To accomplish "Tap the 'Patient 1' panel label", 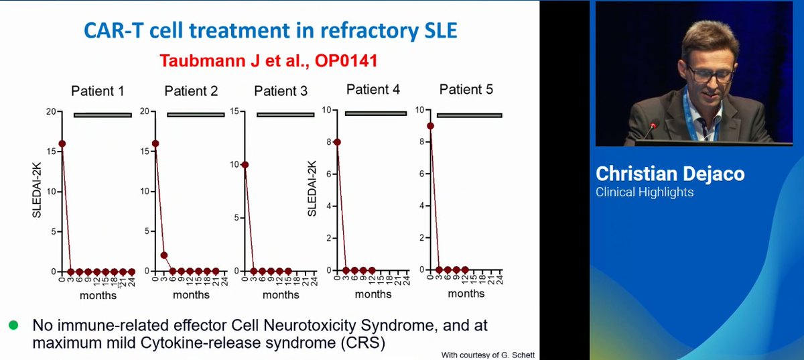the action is pos(98,91).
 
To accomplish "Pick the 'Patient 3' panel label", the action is pos(281,91).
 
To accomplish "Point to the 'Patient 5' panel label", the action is pos(466,89).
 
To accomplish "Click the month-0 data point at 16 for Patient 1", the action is pos(62,143).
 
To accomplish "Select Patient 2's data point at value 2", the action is pos(164,255).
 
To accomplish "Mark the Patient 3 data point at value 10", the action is pos(245,165).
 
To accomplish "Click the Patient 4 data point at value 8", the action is pos(337,142).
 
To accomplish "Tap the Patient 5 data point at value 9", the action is pos(429,125).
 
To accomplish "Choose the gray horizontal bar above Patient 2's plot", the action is pos(196,115).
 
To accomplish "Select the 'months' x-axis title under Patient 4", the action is pos(374,294).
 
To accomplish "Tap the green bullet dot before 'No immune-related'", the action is pos(13,325).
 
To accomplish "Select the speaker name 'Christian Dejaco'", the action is pos(670,174).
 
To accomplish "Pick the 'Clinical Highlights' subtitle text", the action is pos(645,192).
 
